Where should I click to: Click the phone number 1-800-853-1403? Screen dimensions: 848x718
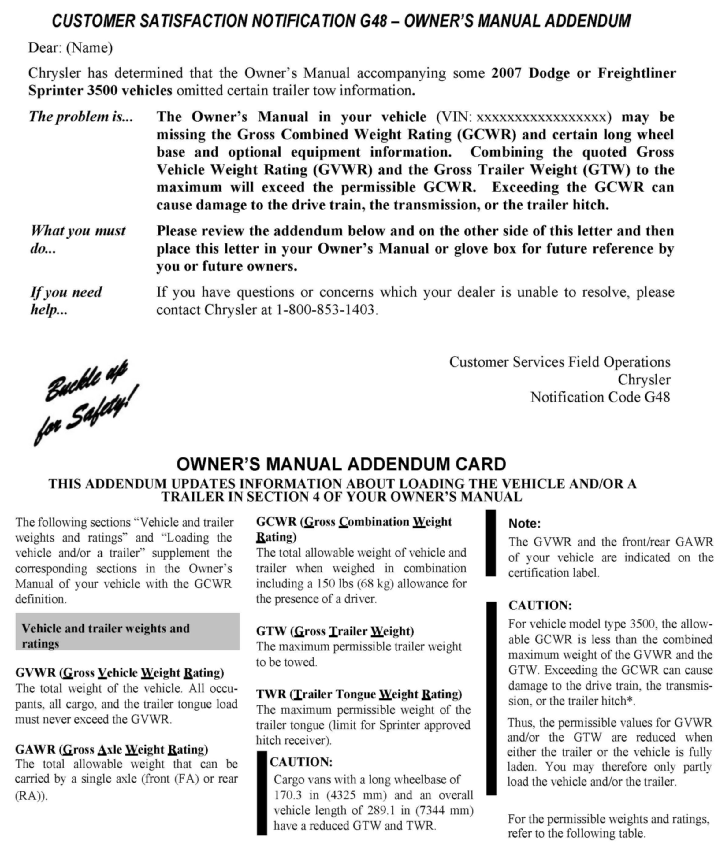coord(325,310)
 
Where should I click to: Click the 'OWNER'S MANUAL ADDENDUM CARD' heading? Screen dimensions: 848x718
coord(341,464)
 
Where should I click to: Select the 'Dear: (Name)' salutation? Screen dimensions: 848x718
coord(70,48)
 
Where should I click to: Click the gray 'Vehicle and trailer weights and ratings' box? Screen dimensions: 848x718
coord(127,631)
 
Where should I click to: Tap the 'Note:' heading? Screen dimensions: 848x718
coord(524,523)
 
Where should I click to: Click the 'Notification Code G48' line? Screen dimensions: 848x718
coord(600,397)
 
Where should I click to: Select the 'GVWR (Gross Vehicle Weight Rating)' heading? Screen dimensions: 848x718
coord(119,673)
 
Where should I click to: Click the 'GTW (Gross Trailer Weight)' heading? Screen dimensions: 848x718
coord(335,631)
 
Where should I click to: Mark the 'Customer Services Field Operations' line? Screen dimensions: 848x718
coord(559,362)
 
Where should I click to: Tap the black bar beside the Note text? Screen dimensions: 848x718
coord(491,542)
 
